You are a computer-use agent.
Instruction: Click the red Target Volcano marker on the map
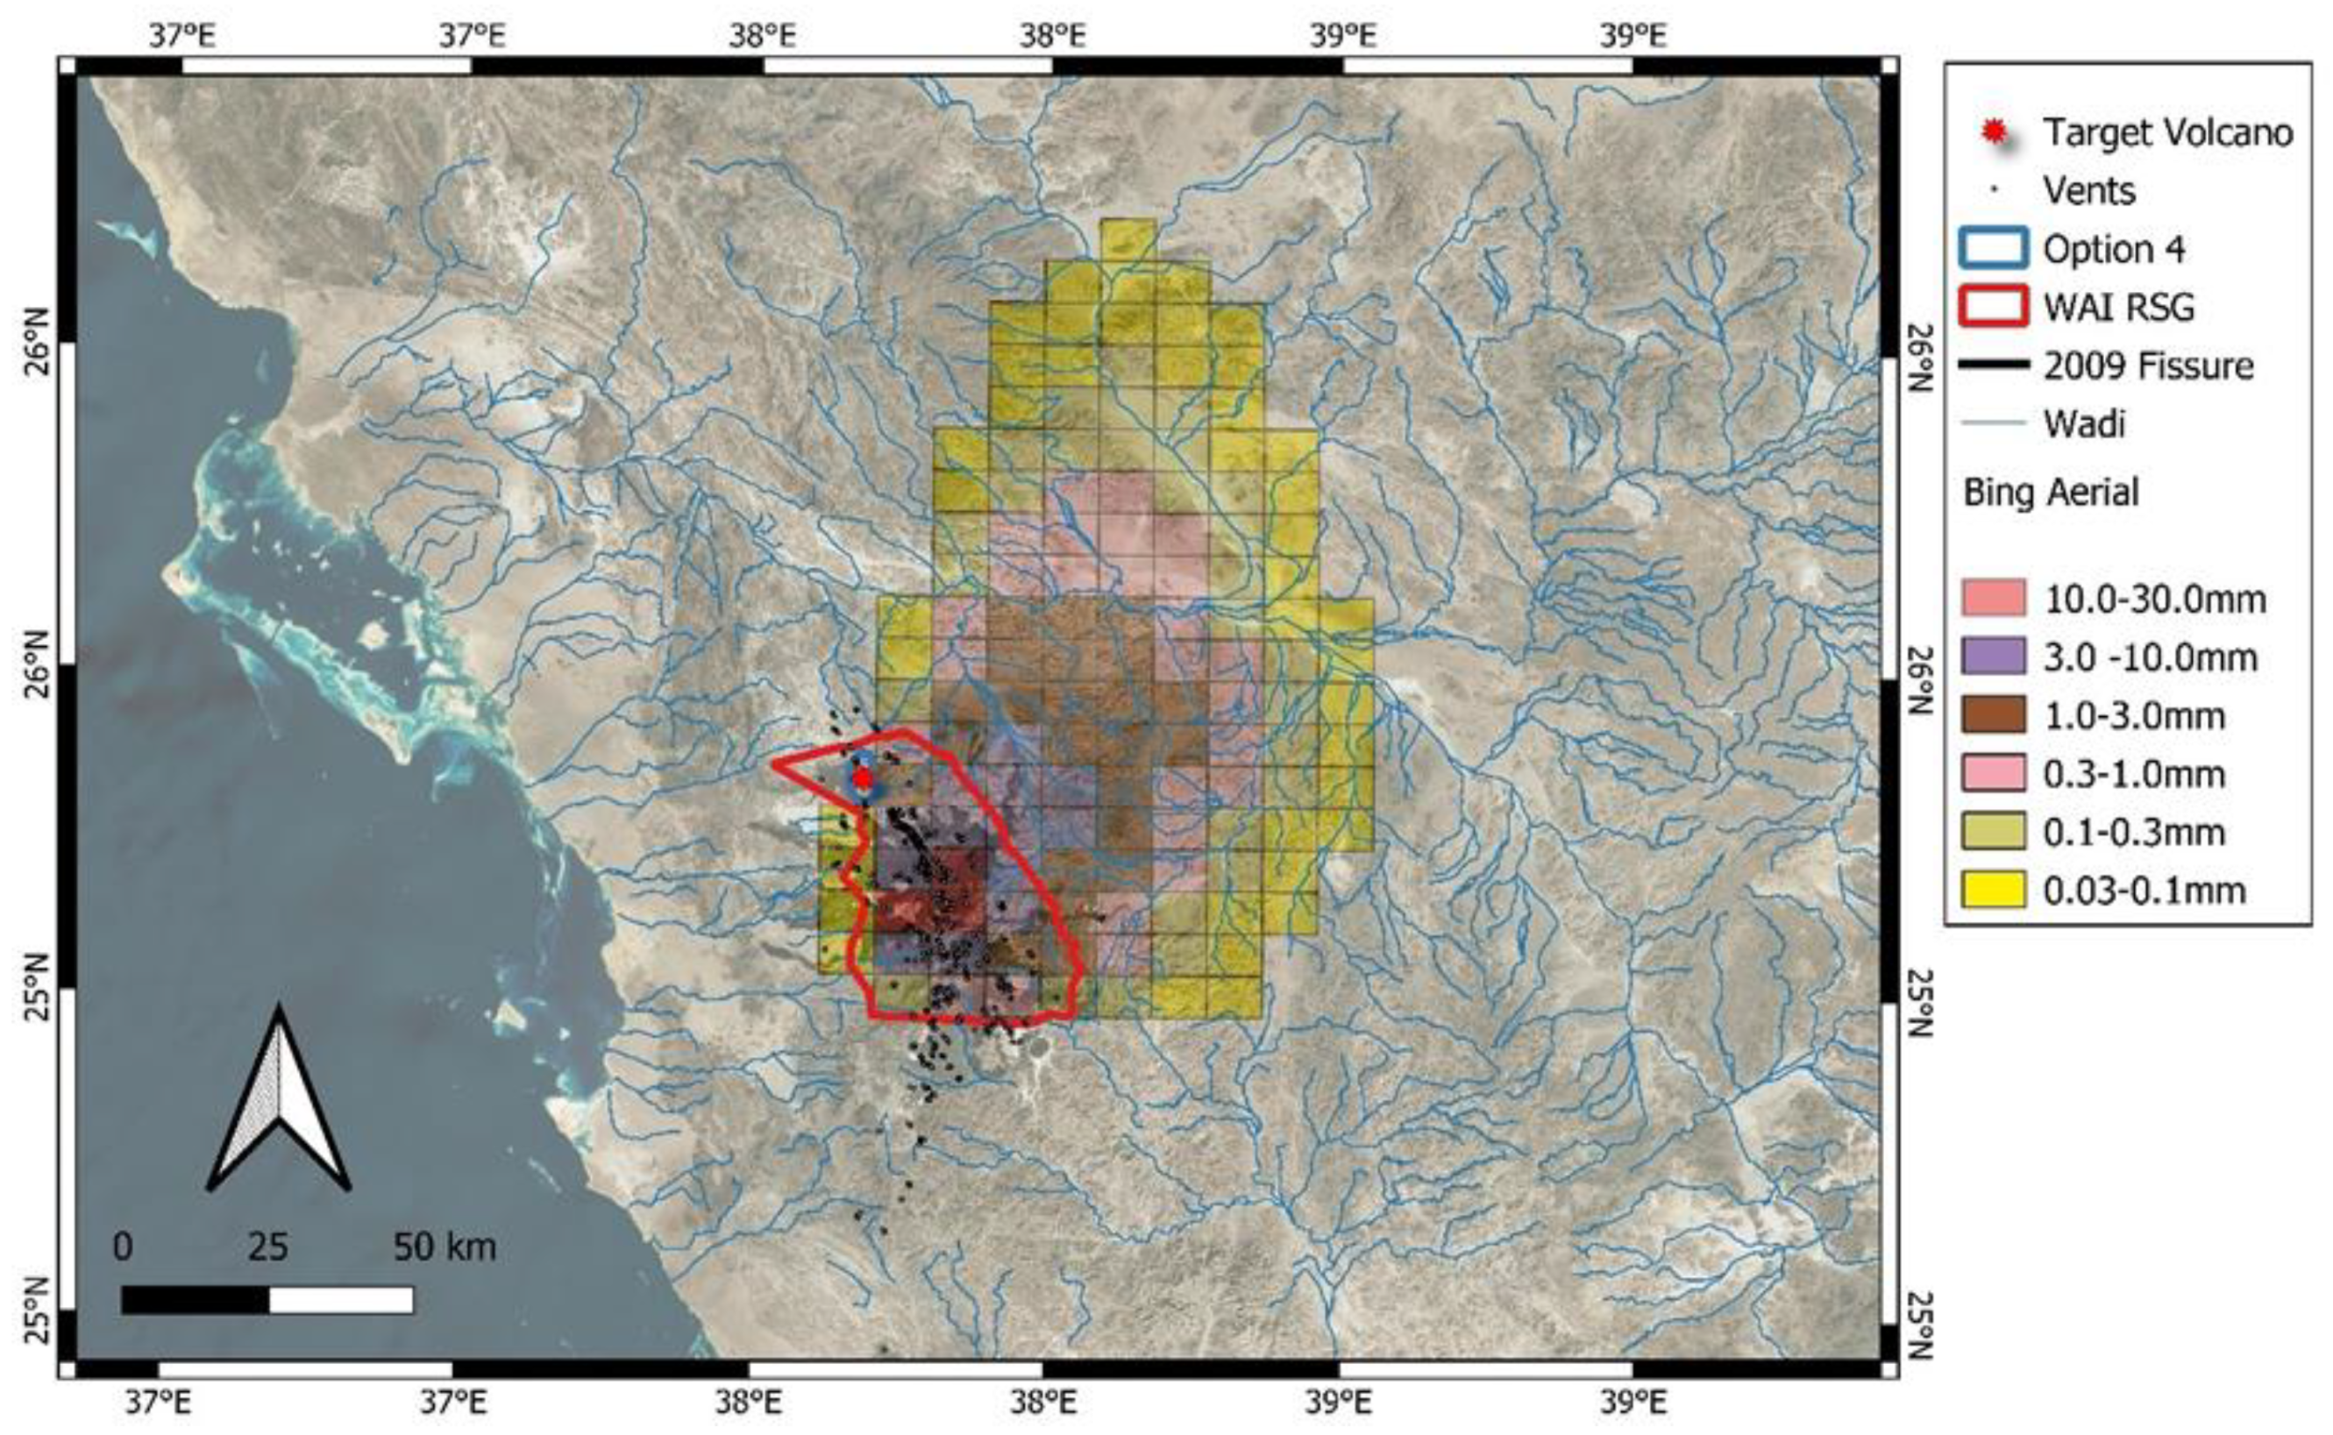coord(862,778)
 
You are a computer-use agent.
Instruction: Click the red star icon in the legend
coord(1996,131)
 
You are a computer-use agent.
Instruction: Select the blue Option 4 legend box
coord(1992,250)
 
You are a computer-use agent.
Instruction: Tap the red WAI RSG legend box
coord(1992,308)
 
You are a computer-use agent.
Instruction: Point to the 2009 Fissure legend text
coord(2148,366)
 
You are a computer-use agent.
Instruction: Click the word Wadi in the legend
coord(2084,423)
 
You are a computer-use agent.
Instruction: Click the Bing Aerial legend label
coord(2050,493)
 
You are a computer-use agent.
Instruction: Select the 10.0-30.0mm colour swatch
coord(1993,599)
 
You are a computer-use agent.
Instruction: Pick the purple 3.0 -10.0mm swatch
coord(1993,657)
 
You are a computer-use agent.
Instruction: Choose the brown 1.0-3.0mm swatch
coord(1993,715)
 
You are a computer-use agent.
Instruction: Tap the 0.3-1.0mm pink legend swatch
coord(1993,773)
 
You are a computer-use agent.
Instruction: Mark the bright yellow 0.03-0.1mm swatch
coord(1993,891)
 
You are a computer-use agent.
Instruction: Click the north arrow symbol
coord(278,1101)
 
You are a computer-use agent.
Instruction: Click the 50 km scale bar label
coord(445,1247)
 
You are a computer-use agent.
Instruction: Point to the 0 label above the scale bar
coord(123,1247)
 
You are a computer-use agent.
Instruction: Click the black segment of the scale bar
coord(196,1299)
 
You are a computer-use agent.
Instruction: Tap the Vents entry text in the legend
coord(2089,191)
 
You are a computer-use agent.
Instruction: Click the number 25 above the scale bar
coord(267,1247)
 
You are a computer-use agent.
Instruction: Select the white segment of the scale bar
coord(341,1299)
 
